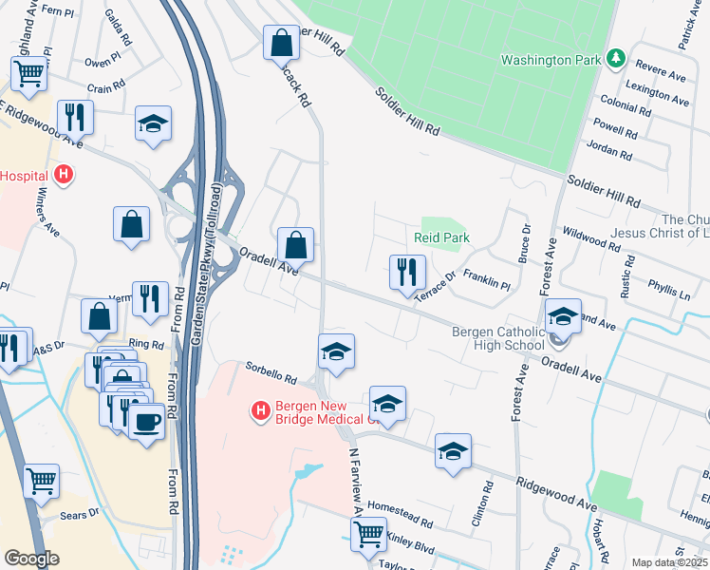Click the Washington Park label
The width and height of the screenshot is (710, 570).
point(551,59)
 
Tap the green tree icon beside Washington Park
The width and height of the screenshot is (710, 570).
point(616,58)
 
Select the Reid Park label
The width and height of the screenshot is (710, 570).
point(441,237)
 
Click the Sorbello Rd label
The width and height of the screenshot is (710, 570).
point(271,371)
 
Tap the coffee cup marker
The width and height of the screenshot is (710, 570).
point(146,422)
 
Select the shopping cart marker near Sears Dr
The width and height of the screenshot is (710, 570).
point(42,481)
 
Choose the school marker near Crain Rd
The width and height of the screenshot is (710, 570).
point(153,124)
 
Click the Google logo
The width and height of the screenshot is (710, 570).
point(31,559)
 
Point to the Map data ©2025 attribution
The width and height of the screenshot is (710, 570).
point(669,562)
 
